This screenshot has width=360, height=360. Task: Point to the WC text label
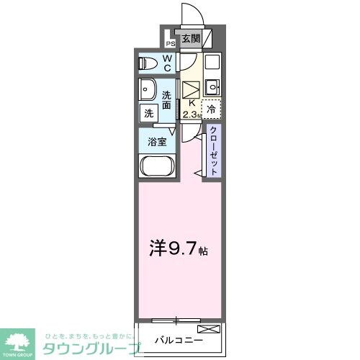pos(166,63)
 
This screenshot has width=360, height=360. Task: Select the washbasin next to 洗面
pos(150,91)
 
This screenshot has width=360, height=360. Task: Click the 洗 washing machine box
pos(148,113)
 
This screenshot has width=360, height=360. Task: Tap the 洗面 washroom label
pos(166,100)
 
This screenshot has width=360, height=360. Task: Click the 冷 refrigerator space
pos(212,109)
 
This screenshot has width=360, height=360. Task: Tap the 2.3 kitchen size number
pos(189,114)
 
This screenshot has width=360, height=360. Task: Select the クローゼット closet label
pos(214,149)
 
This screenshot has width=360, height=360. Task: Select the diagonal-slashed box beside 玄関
pos(207,38)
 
